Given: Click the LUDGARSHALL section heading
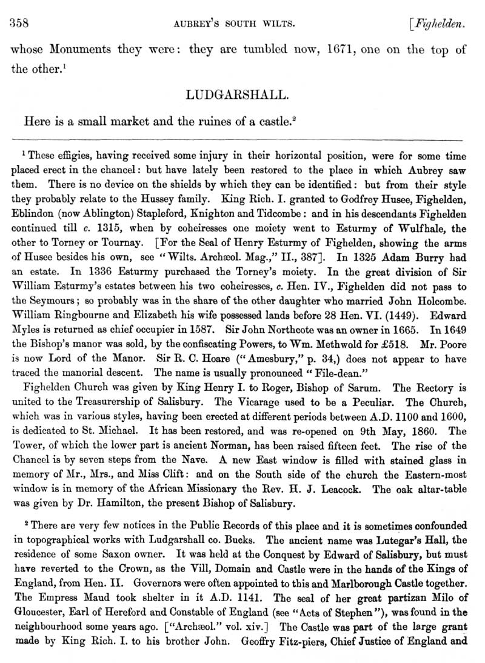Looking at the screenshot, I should tap(242, 95).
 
